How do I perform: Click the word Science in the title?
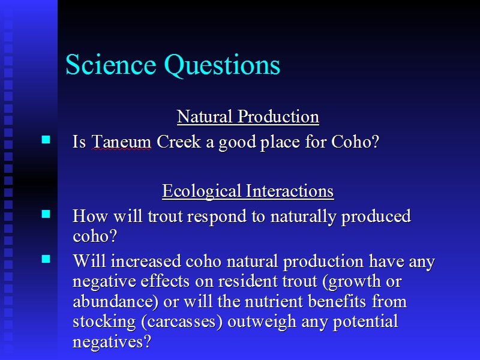(111, 64)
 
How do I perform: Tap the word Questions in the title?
(222, 65)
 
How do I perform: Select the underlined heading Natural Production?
(248, 116)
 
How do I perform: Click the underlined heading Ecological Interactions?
(248, 191)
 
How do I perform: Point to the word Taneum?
(121, 142)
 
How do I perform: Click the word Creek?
(179, 142)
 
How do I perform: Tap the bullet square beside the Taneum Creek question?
(46, 140)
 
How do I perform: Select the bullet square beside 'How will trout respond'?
(46, 214)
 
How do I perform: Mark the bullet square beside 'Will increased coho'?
(46, 259)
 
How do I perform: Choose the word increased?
(146, 261)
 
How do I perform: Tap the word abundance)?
(116, 302)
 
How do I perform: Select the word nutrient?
(275, 302)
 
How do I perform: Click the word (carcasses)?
(182, 322)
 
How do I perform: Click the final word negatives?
(112, 342)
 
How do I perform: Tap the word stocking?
(104, 322)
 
